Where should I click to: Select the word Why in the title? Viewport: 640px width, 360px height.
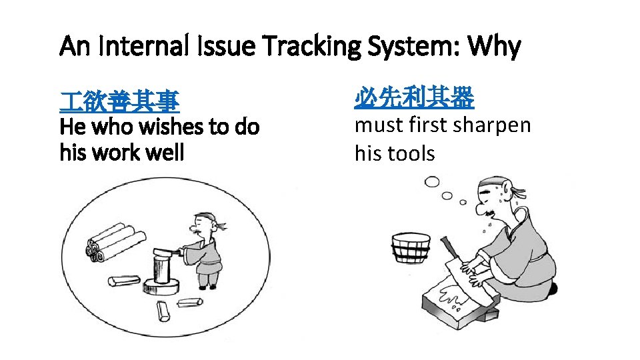pyautogui.click(x=494, y=47)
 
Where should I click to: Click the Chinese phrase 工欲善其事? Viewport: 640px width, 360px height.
pyautogui.click(x=118, y=102)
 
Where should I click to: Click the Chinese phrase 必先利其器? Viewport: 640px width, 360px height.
pyautogui.click(x=414, y=99)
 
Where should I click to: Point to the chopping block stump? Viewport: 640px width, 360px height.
pyautogui.click(x=159, y=273)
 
